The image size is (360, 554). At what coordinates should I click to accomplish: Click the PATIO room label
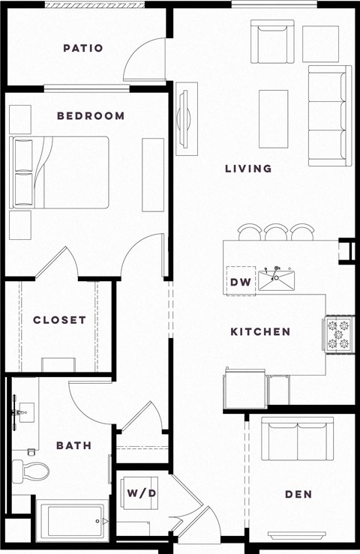pyautogui.click(x=82, y=49)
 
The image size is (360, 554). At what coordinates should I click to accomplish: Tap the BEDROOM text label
pyautogui.click(x=91, y=116)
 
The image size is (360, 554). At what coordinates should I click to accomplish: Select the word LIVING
pyautogui.click(x=248, y=169)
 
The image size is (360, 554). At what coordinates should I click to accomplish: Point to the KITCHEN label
pyautogui.click(x=260, y=332)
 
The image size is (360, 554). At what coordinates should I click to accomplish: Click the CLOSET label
pyautogui.click(x=59, y=320)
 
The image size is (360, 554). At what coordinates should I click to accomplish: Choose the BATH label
pyautogui.click(x=73, y=445)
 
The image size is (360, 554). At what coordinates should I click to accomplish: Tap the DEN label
pyautogui.click(x=298, y=495)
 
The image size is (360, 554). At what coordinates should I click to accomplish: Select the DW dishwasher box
pyautogui.click(x=239, y=283)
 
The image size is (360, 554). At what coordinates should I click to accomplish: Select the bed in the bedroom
pyautogui.click(x=60, y=172)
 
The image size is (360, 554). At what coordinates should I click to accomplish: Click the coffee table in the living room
pyautogui.click(x=273, y=119)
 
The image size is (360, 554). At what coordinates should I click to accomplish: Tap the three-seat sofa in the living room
pyautogui.click(x=328, y=116)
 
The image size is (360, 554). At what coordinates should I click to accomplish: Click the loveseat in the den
pyautogui.click(x=296, y=439)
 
